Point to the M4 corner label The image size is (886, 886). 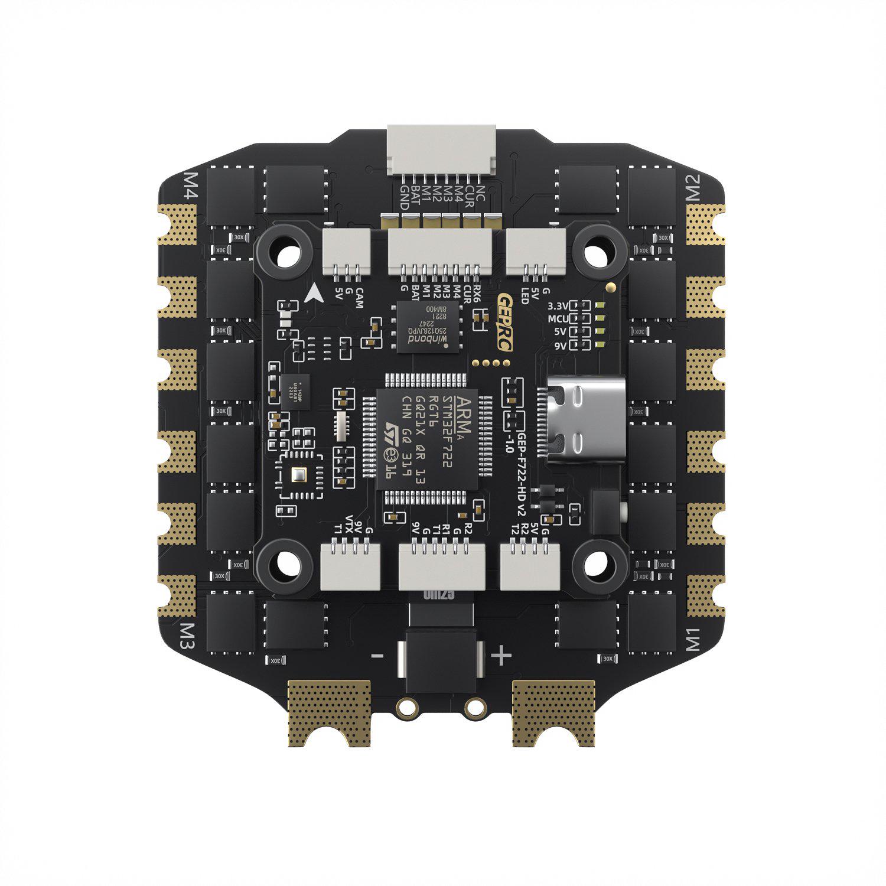(x=192, y=187)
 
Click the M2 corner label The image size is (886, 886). (x=693, y=187)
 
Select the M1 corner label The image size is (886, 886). (x=693, y=639)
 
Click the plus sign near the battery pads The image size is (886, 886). (x=501, y=655)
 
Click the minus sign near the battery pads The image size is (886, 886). (x=377, y=656)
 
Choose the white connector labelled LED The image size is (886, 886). (x=536, y=251)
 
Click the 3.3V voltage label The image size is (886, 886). (x=557, y=307)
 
